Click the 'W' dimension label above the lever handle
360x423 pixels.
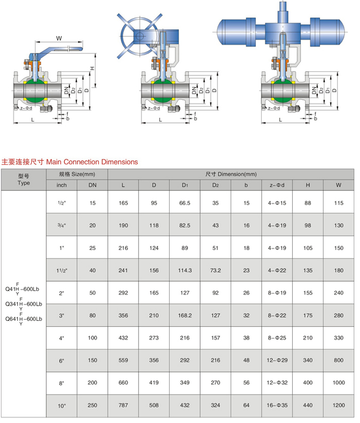(59, 38)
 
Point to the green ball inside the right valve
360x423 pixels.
(281, 92)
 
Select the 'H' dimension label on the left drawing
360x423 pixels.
(92, 68)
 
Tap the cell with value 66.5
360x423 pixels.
(185, 204)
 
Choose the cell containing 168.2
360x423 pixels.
(185, 316)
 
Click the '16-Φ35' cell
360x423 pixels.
(277, 406)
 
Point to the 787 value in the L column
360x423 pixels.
(123, 406)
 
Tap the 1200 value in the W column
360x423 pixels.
(338, 406)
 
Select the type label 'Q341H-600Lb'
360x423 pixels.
(23, 304)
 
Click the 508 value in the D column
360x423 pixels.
(154, 406)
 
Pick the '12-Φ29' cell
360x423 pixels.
(277, 361)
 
